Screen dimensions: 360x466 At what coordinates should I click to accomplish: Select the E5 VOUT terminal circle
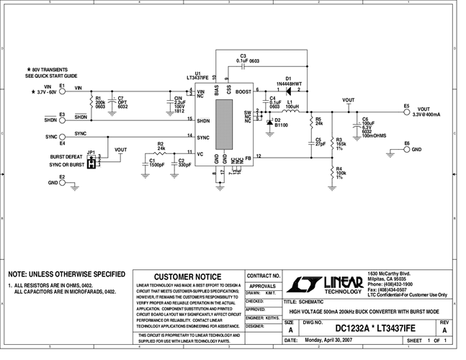(406, 112)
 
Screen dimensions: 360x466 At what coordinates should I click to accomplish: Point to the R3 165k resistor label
(341, 144)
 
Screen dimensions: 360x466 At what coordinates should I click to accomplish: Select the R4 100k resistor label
(341, 174)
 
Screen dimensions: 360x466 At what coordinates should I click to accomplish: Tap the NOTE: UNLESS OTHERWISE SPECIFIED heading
(66, 274)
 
